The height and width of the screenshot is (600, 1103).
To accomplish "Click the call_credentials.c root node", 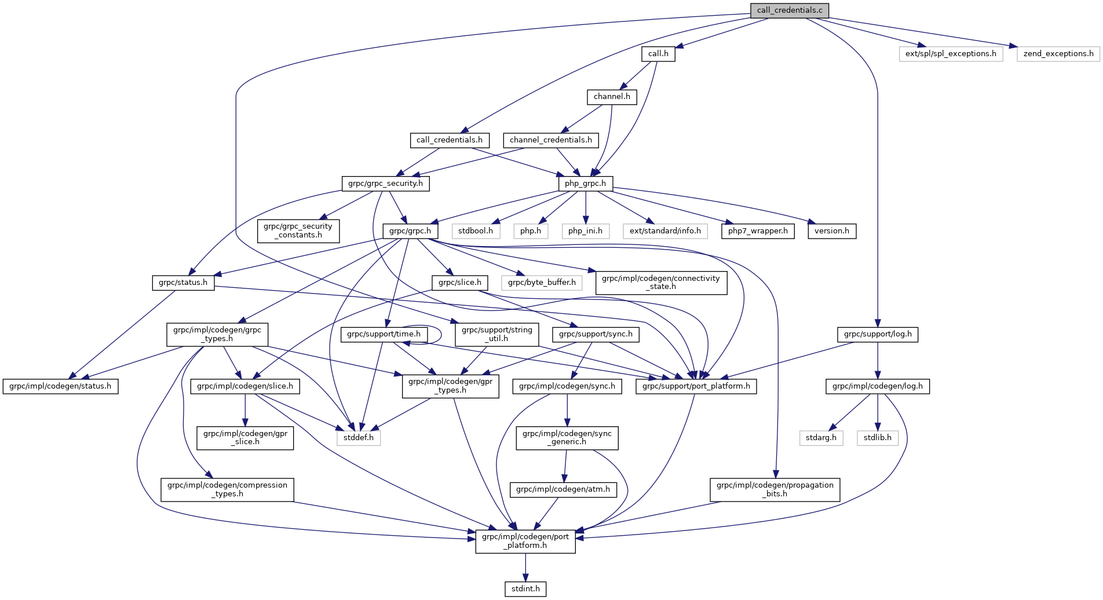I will tap(789, 10).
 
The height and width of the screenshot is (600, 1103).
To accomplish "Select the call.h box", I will tap(658, 54).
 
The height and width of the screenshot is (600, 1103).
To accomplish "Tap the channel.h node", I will tap(612, 97).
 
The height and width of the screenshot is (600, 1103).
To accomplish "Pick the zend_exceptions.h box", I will tap(1058, 54).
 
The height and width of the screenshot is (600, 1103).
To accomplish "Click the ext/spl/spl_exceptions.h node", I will tap(951, 54).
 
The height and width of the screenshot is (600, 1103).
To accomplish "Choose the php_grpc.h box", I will tap(585, 184).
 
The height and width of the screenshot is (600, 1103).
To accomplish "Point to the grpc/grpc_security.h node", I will tap(385, 184).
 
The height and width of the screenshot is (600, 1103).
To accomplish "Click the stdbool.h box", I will tap(476, 231).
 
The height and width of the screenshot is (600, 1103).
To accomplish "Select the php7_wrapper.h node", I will tap(758, 231).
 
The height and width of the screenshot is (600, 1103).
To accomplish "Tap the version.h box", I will tap(832, 231).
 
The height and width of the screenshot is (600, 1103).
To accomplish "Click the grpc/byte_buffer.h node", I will tap(542, 283).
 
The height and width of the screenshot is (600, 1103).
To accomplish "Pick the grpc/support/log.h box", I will tap(878, 334).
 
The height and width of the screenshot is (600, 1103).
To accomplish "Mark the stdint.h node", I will tap(525, 589).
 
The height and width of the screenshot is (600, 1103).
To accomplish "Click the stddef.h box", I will tap(359, 438).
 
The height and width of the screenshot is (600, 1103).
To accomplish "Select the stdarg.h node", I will tap(821, 438).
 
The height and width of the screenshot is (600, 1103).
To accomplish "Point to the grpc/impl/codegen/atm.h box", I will tap(563, 489).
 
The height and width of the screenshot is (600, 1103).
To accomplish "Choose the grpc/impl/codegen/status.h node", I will tap(61, 386).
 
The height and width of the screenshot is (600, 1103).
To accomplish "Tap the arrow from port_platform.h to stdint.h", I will tap(525, 568).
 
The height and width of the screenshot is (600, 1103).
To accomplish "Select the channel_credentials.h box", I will tap(550, 140).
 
